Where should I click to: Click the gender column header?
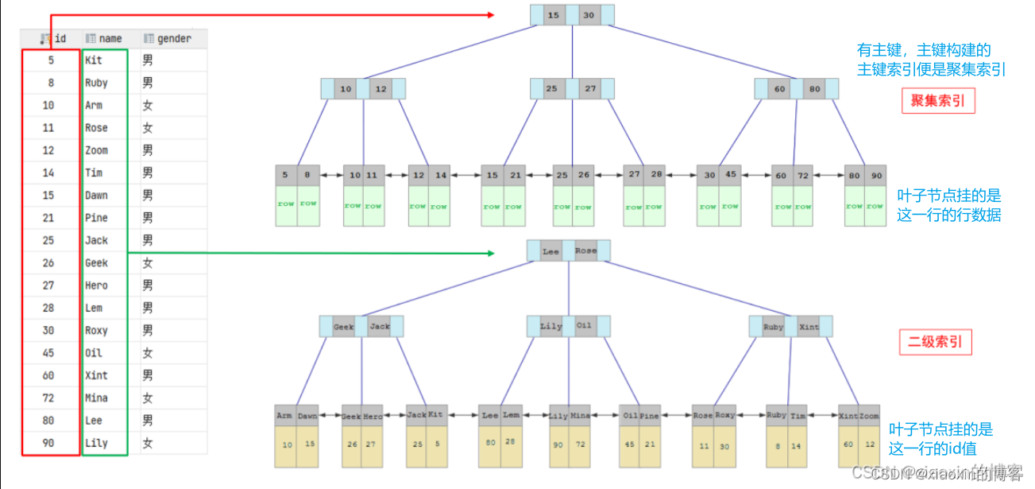173,38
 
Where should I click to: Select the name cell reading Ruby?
96,83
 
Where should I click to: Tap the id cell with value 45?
48,353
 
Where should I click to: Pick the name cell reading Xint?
96,375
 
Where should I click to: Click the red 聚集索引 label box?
937,101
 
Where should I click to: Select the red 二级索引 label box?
935,342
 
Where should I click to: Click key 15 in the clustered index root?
554,15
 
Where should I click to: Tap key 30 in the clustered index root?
589,15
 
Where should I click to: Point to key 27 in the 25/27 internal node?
589,89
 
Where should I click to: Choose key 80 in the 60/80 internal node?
815,89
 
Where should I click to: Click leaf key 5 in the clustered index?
285,176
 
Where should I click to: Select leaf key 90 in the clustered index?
876,176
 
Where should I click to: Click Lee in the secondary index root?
550,251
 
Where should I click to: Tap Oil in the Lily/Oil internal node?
585,326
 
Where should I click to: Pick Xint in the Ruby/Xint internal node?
809,327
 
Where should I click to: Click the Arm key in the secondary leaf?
284,416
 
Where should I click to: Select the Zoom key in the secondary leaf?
869,416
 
